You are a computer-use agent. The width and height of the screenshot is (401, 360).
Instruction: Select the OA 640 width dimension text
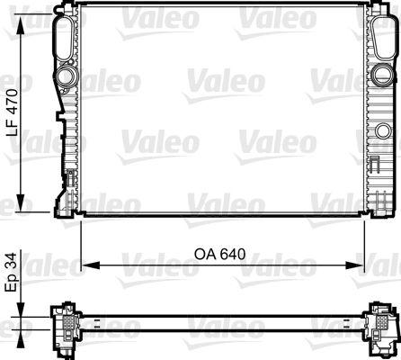tap(220, 254)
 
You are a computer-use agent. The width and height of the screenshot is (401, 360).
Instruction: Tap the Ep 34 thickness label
tap(11, 273)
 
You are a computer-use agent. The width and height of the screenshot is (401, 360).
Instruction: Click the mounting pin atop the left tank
tap(63, 8)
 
